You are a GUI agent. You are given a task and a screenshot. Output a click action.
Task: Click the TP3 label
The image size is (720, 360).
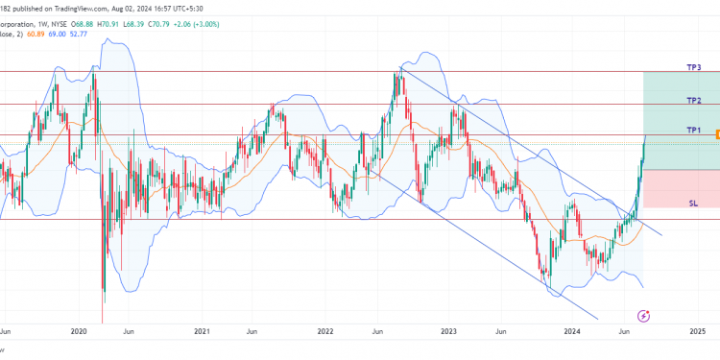coord(693,67)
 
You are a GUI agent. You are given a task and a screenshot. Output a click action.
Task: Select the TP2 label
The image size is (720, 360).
coord(693,100)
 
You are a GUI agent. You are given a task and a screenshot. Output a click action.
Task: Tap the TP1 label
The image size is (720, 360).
coord(693,130)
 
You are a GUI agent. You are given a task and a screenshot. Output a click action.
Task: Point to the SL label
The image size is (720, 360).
coord(693,204)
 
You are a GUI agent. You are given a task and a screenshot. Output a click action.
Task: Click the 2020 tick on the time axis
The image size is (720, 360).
coord(79,331)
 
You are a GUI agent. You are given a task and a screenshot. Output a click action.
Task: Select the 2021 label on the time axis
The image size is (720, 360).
coord(202,331)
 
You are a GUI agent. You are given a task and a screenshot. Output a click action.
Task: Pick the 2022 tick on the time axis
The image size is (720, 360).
coord(325,331)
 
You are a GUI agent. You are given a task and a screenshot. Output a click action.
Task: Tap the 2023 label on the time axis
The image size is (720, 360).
coord(449,331)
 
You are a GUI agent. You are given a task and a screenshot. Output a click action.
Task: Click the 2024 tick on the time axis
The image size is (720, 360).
coord(573,331)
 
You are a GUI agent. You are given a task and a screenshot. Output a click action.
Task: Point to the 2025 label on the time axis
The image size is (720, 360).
coord(697,331)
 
